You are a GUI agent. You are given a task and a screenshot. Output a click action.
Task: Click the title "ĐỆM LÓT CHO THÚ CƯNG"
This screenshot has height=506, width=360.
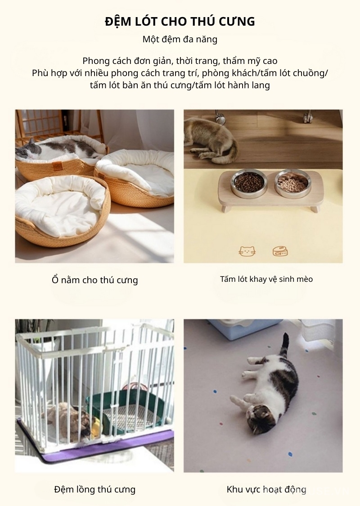click(x=180, y=21)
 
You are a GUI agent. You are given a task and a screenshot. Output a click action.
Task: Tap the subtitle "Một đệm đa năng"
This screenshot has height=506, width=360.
click(x=180, y=40)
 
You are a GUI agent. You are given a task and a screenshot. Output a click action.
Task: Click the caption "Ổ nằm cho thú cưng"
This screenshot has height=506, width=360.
click(x=94, y=280)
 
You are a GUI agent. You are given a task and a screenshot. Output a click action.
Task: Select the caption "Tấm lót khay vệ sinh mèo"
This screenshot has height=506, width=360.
click(x=266, y=279)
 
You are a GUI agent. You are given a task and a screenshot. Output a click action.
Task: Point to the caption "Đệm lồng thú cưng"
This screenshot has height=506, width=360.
click(x=94, y=489)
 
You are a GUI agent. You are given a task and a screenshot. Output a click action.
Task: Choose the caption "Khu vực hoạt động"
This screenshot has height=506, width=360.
click(x=266, y=489)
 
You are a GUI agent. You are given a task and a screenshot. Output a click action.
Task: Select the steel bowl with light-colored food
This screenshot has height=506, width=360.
click(x=292, y=182)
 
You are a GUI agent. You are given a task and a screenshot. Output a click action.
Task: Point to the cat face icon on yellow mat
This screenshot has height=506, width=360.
click(x=247, y=251)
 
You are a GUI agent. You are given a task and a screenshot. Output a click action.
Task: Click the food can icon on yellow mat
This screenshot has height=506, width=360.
click(x=280, y=251)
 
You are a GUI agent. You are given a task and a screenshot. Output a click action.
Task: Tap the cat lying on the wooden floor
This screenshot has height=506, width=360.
click(x=211, y=137)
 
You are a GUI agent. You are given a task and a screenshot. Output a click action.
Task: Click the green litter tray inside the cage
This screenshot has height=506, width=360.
click(x=126, y=410)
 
